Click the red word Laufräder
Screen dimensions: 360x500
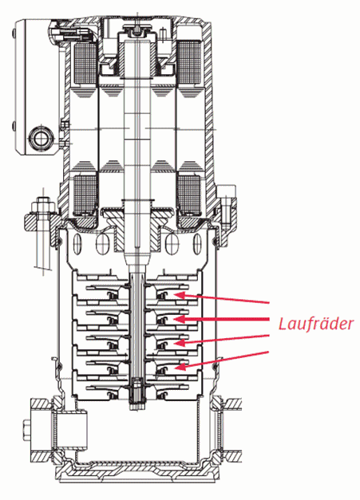tap(316, 324)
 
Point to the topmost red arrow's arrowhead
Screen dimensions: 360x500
tap(180, 295)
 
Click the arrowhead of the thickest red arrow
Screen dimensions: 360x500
tap(179, 319)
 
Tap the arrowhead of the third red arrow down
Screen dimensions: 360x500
tap(180, 342)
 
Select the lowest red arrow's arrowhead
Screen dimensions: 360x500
tap(180, 367)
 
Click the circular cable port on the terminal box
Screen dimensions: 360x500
tap(41, 138)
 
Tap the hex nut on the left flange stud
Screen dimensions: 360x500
tap(42, 206)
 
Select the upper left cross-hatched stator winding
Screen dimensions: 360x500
tap(85, 61)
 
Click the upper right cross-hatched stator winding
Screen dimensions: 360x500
tap(188, 61)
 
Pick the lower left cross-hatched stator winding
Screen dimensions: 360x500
tap(85, 194)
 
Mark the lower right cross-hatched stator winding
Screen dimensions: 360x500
tap(188, 194)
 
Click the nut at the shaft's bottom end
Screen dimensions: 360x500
tap(136, 394)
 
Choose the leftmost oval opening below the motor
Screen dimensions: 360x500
tap(77, 244)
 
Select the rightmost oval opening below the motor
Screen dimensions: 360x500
tap(197, 244)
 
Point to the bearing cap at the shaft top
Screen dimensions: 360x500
tap(137, 32)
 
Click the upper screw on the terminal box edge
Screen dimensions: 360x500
tap(14, 33)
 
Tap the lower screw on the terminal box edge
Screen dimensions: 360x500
tap(14, 125)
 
